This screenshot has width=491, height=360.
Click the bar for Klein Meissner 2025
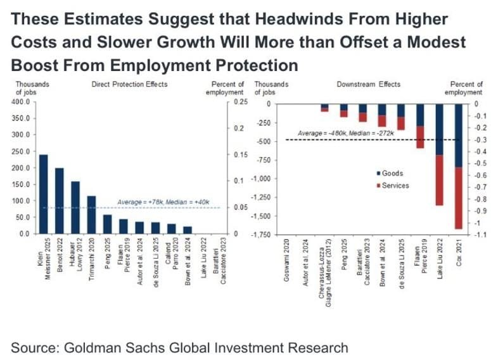44,194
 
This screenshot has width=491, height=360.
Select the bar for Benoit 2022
60,200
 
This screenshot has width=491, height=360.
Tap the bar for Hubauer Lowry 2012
75,207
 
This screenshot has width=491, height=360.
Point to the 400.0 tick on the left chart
21,102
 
